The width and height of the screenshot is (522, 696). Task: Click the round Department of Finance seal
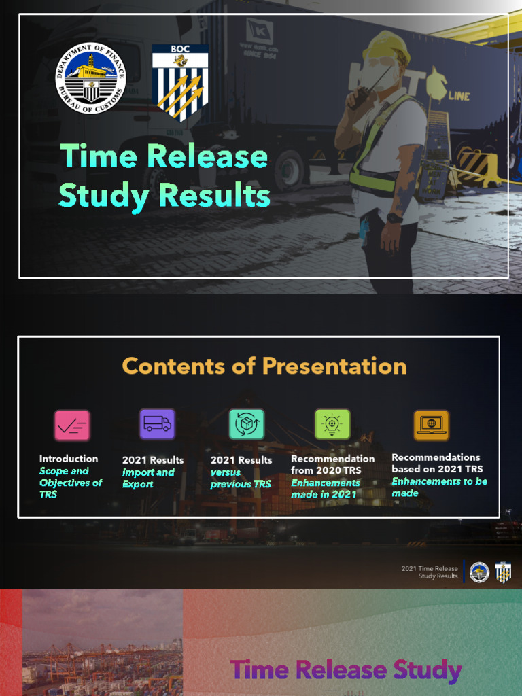(90, 78)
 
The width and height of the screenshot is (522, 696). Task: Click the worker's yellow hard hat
(386, 47)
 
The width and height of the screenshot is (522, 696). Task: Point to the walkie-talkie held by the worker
(359, 95)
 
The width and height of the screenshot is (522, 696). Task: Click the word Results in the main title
(214, 196)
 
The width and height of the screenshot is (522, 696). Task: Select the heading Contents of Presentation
(264, 366)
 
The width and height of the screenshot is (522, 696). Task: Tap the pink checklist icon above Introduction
(72, 425)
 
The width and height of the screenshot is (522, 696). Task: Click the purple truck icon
(157, 425)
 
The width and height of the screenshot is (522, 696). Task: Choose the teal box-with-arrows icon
(246, 425)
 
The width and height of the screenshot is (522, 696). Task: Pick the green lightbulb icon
(332, 424)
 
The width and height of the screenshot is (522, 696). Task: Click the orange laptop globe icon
(431, 425)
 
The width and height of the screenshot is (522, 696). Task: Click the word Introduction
(69, 459)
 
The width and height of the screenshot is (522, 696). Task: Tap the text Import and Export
(148, 478)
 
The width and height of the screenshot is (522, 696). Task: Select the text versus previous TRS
(241, 478)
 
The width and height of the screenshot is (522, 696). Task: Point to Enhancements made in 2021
(326, 488)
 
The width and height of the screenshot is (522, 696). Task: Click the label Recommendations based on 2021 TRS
(436, 463)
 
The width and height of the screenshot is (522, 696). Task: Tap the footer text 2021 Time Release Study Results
(430, 572)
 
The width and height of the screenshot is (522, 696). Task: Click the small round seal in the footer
(479, 572)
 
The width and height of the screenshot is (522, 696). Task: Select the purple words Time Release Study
(346, 670)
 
